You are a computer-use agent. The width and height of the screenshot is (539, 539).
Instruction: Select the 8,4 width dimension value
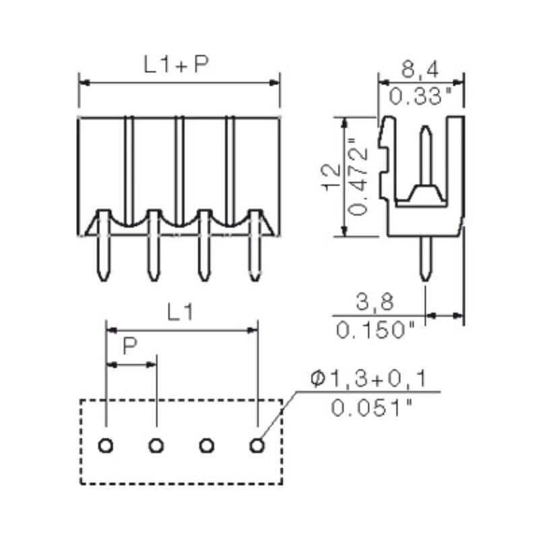[x=421, y=67]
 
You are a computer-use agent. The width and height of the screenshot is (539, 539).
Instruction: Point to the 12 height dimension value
[x=329, y=177]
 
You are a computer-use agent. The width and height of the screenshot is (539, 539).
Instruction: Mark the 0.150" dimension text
[x=375, y=330]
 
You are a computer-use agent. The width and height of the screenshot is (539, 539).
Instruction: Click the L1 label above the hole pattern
[x=181, y=313]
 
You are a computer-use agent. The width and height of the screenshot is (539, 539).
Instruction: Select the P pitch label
[x=130, y=347]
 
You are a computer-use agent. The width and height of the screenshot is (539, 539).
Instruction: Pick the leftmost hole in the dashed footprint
[x=106, y=445]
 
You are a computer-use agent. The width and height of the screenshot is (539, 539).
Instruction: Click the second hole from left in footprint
[x=156, y=445]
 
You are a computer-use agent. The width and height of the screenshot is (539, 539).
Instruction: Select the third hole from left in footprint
[x=207, y=445]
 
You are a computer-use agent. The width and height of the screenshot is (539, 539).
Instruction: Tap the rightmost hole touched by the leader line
[x=257, y=445]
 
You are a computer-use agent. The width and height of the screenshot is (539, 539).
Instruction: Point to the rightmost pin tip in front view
[x=256, y=276]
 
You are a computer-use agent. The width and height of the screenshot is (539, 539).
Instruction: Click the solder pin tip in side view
[x=426, y=276]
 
